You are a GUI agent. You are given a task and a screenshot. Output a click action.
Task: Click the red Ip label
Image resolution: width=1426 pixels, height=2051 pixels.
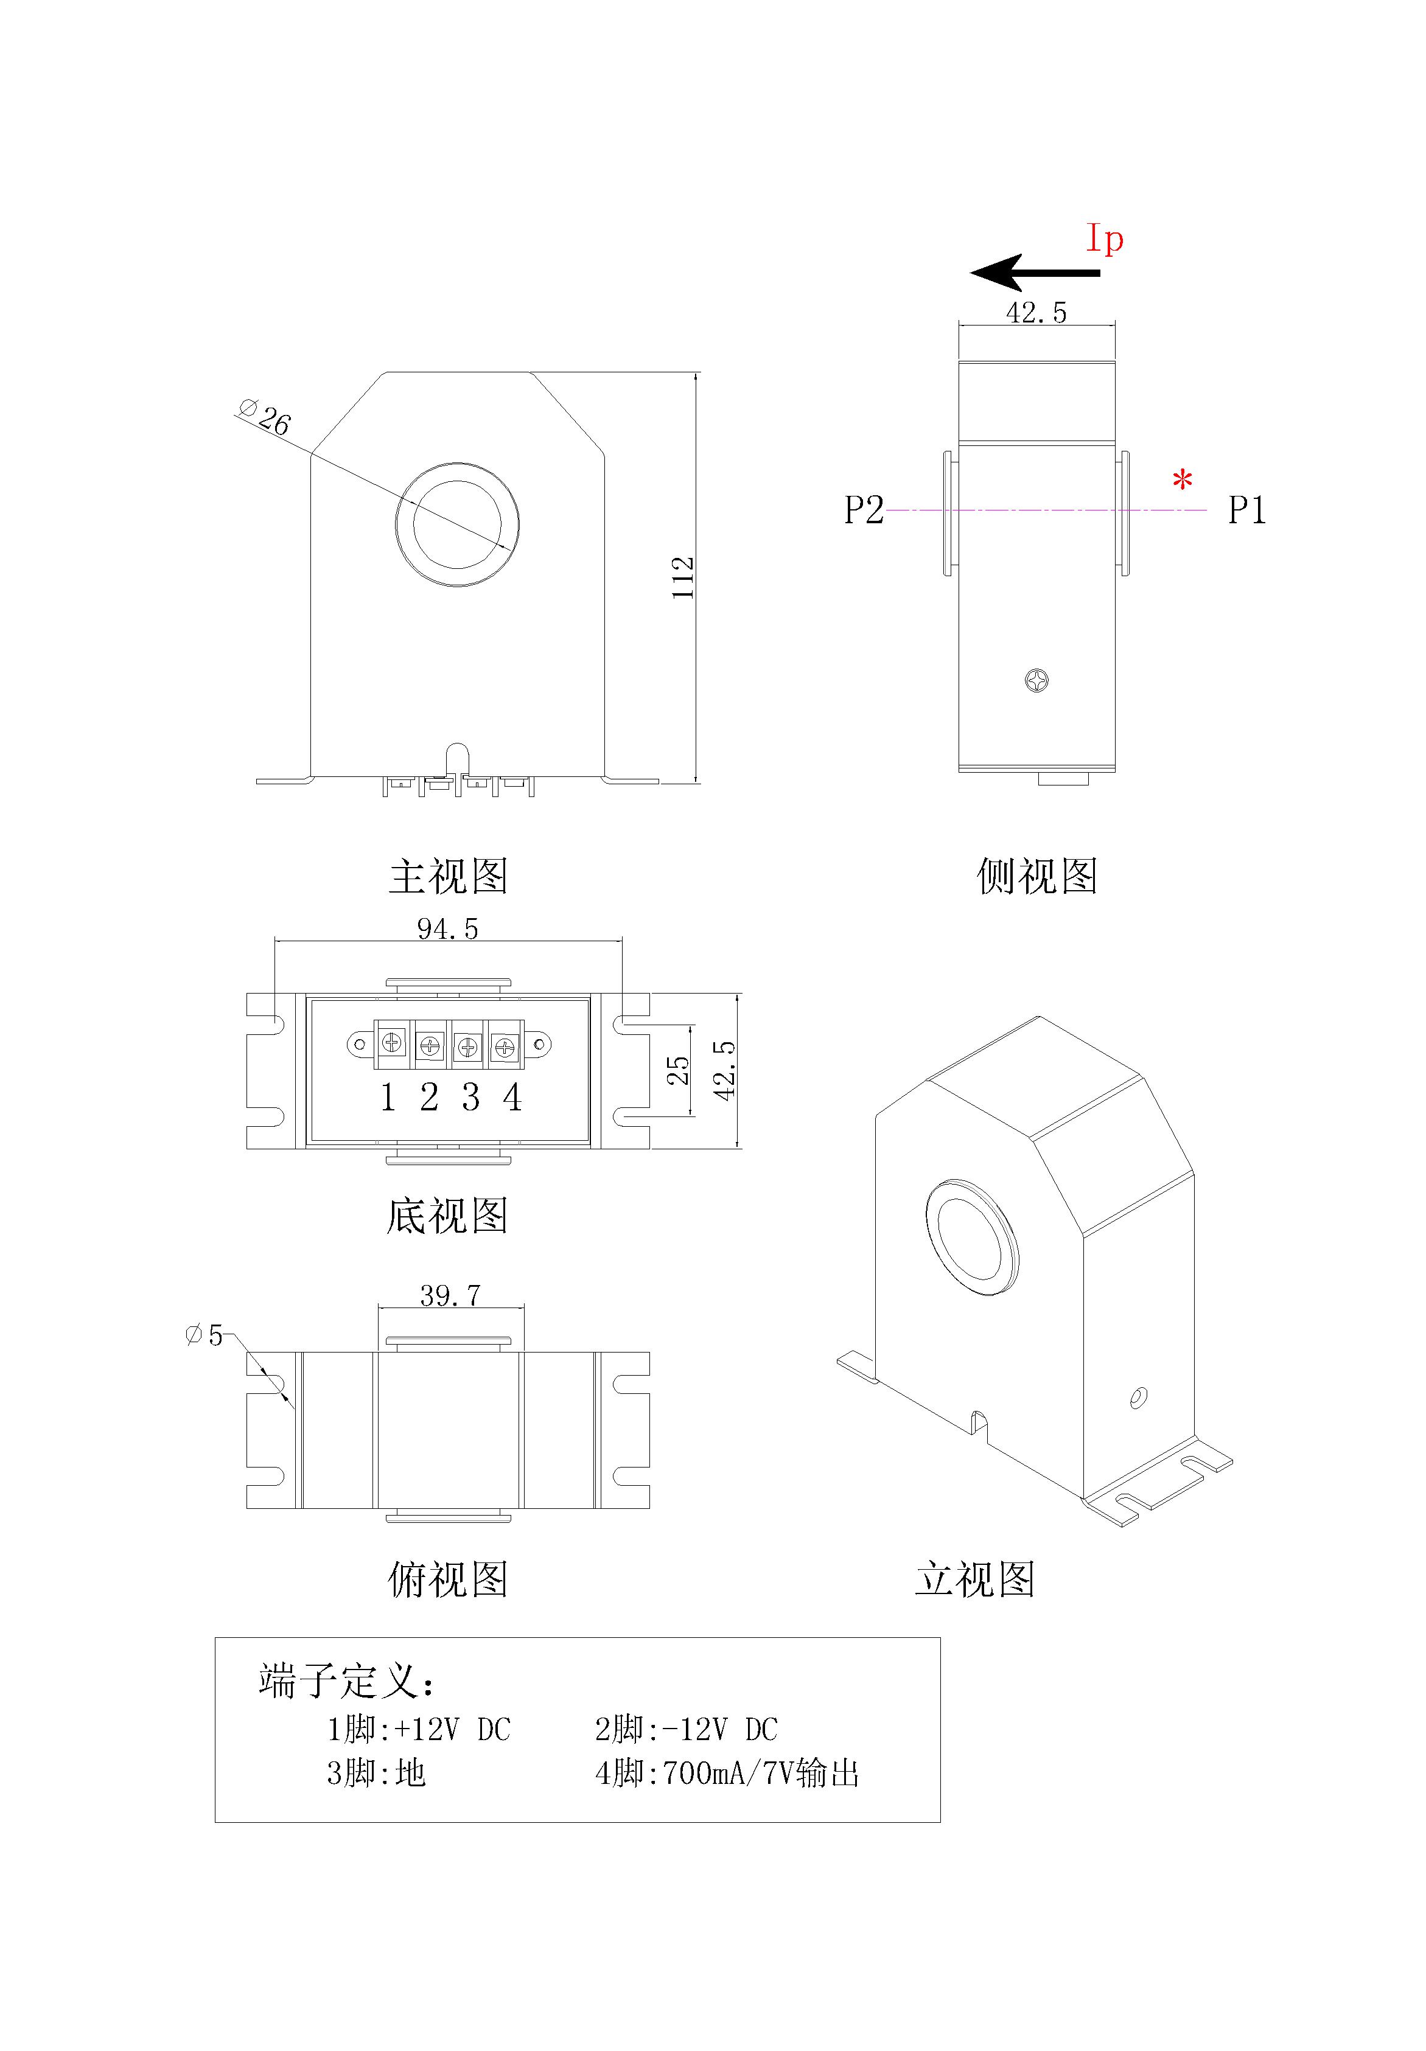pos(1105,239)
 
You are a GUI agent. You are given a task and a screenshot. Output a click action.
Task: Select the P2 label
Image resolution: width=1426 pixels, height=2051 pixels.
pos(864,510)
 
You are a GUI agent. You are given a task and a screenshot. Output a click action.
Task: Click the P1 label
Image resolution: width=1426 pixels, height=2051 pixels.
pos(1246,510)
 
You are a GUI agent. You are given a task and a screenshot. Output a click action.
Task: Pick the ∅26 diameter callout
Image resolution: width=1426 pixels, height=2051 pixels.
pos(266,417)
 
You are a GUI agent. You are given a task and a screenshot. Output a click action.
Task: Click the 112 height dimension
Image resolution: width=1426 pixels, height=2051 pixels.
pos(683,577)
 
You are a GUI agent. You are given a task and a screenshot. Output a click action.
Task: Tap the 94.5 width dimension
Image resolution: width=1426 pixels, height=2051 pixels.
pos(447,929)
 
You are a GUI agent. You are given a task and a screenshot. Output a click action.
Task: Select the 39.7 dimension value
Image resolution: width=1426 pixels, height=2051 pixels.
pos(450,1295)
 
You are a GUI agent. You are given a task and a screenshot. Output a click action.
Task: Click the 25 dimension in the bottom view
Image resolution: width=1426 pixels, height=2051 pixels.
pos(679,1070)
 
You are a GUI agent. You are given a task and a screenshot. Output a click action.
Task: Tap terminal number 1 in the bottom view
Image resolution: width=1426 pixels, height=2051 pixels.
pos(388,1098)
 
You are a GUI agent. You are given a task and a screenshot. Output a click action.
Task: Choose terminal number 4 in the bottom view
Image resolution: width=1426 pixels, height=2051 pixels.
pos(512,1098)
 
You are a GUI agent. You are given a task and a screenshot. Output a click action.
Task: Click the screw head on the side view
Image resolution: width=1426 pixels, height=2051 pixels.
pos(1036,681)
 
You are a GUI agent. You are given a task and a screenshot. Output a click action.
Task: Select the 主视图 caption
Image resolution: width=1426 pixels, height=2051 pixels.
pos(449,876)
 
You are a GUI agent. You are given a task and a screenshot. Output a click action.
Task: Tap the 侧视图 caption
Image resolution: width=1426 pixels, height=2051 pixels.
pos(1036,876)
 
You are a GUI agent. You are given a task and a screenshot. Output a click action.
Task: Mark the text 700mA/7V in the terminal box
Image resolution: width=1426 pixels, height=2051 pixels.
pos(727,1773)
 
